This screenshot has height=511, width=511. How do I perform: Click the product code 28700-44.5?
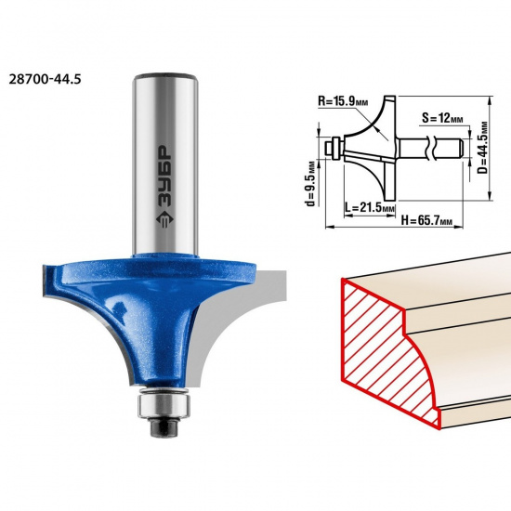coord(45,79)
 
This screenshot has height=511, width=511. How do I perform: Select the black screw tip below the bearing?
coord(164,427)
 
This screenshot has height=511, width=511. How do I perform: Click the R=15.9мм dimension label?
coord(343,101)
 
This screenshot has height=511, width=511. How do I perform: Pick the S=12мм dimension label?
coord(442,118)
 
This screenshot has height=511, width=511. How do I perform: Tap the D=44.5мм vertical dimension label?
coord(484,148)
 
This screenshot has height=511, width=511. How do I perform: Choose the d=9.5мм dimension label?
coord(311,183)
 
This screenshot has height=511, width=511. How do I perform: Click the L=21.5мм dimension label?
coord(370,207)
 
